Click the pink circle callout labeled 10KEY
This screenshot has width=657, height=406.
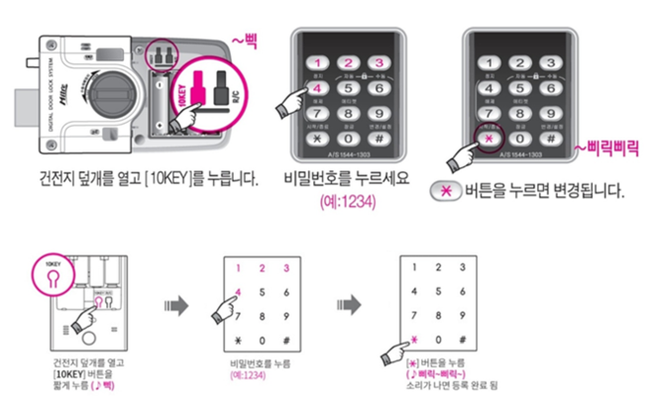50,273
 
